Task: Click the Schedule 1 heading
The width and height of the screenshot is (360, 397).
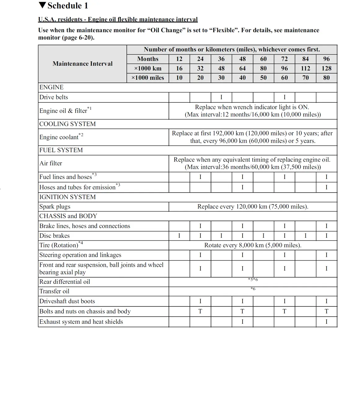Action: [68, 6]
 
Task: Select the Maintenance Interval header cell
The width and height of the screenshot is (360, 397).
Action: [82, 64]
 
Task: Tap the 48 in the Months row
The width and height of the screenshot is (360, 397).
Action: [242, 59]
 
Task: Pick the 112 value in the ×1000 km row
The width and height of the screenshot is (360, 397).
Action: [305, 68]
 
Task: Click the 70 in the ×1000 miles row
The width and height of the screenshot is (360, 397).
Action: [305, 78]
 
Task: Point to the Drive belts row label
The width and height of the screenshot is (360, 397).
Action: [54, 97]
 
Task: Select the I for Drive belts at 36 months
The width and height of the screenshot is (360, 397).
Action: [221, 97]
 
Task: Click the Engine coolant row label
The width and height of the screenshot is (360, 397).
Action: [59, 137]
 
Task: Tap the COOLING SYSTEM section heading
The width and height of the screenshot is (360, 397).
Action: [68, 124]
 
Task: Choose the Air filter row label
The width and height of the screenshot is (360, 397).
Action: [51, 163]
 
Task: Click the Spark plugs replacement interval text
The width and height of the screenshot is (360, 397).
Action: [253, 207]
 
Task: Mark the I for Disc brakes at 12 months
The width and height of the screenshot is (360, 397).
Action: [179, 236]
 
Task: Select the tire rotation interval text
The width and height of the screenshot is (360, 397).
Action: [253, 245]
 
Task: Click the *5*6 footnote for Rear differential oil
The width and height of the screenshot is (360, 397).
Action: [253, 279]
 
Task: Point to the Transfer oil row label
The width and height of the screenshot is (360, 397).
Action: [54, 291]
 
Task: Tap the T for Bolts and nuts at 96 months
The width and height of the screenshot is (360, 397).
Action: [326, 311]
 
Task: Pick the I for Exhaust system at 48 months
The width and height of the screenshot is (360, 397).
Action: [242, 322]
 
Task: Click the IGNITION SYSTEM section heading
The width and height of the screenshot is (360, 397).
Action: [68, 197]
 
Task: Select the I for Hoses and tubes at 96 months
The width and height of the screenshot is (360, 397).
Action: [326, 187]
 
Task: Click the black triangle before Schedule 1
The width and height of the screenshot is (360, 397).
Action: [42, 5]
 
